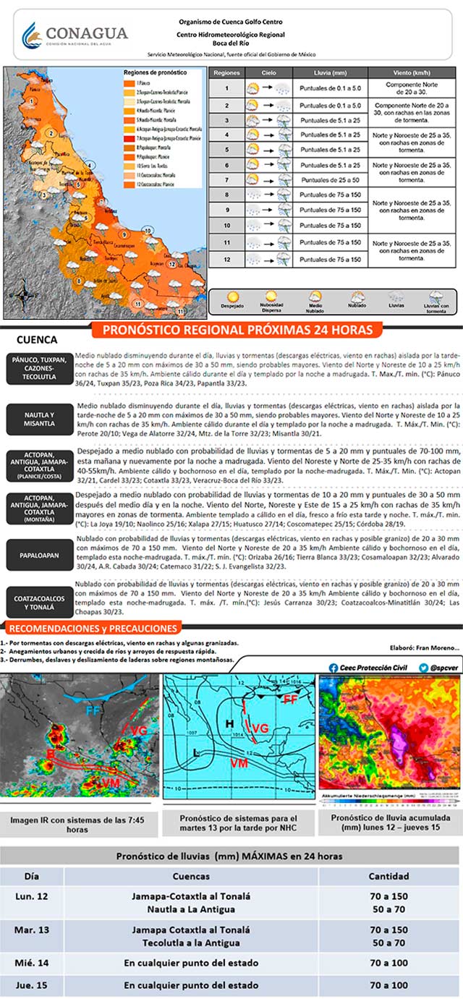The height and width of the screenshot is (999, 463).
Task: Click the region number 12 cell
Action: click(x=226, y=259)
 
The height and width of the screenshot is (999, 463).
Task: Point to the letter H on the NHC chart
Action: click(x=229, y=719)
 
